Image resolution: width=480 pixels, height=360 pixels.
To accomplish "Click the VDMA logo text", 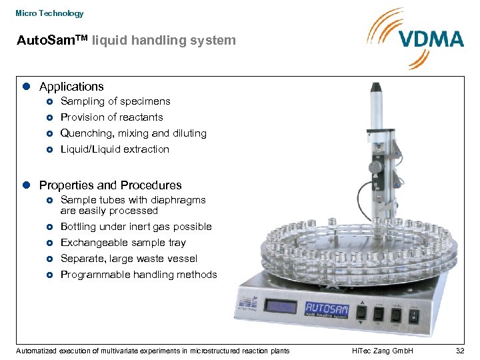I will pyautogui.click(x=431, y=39).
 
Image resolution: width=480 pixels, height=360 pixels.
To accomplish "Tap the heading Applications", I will pyautogui.click(x=71, y=87).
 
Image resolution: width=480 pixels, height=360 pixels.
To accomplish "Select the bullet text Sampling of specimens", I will pyautogui.click(x=115, y=101).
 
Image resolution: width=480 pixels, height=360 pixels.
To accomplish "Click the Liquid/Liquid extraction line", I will pyautogui.click(x=115, y=149).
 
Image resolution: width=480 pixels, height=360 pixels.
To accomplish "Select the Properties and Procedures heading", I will pyautogui.click(x=110, y=185).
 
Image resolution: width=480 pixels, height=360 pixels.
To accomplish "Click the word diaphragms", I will pyautogui.click(x=179, y=200).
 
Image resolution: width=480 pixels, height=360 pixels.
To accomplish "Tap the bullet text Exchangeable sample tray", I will pyautogui.click(x=123, y=243).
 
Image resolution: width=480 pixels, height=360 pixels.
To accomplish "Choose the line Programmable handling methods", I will pyautogui.click(x=139, y=275).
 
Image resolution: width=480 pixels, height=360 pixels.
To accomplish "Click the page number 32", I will pyautogui.click(x=459, y=351).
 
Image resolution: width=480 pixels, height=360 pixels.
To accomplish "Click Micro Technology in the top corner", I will pyautogui.click(x=49, y=13).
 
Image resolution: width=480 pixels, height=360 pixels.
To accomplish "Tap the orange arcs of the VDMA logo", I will pyautogui.click(x=383, y=33).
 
